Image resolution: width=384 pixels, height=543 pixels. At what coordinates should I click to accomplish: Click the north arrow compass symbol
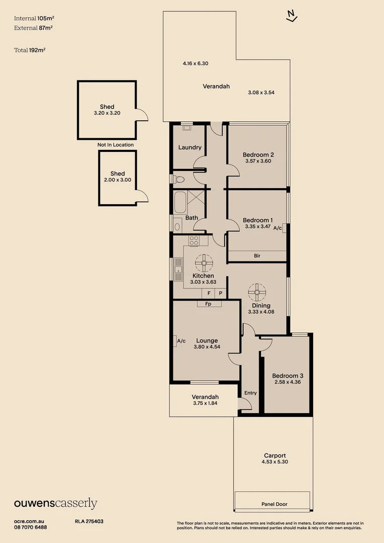coord(291,17)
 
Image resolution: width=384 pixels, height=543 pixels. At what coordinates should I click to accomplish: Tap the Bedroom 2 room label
coord(258,154)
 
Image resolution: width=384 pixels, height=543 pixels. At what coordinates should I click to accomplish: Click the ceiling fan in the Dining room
coord(257,291)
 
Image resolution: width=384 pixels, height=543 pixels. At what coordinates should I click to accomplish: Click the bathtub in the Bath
coord(180,203)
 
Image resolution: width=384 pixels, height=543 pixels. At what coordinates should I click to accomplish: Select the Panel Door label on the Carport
coord(274,504)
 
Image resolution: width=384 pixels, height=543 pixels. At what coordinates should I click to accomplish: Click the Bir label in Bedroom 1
coord(257,256)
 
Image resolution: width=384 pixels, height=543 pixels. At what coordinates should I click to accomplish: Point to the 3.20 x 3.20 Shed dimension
coord(107,114)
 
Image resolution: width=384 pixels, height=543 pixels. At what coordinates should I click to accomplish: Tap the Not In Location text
coord(116,145)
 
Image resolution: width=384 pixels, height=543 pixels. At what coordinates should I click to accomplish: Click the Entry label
coord(250,393)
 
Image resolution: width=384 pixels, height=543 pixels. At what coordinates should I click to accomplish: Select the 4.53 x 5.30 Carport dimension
coord(274,462)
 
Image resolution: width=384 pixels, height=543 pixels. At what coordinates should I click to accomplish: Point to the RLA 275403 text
coord(89,521)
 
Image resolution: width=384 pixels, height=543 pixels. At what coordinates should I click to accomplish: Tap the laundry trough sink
coord(186,128)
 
